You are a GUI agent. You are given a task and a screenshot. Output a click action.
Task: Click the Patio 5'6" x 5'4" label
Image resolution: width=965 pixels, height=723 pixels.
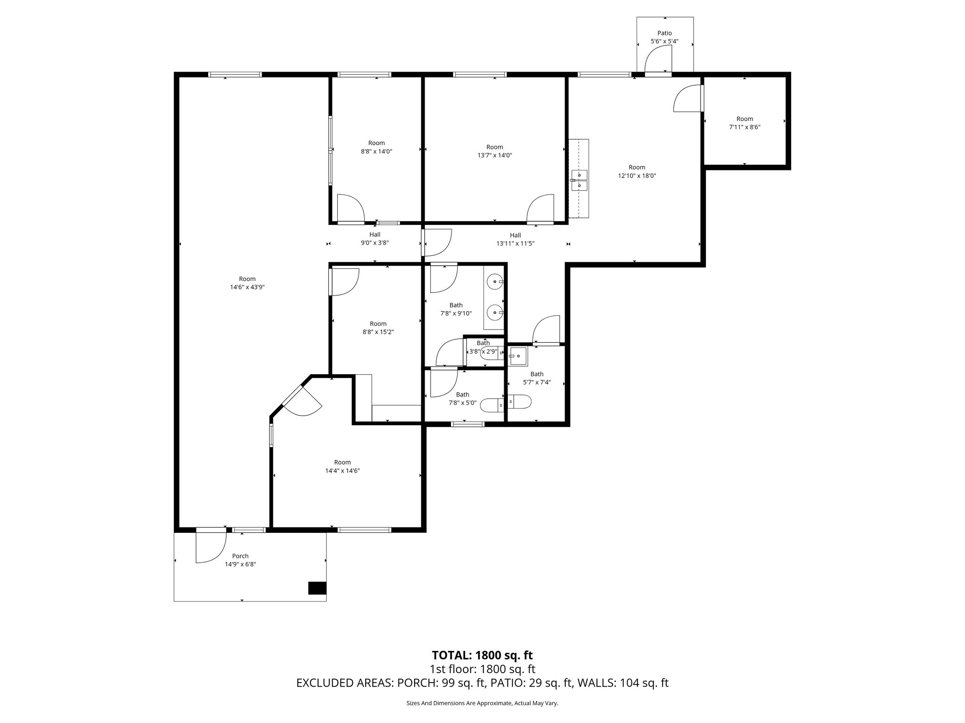coord(664,37)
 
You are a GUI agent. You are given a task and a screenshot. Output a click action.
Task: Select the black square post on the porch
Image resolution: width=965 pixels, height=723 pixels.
coord(317,588)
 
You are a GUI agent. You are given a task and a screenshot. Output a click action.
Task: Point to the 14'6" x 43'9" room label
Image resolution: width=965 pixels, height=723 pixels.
coord(247,283)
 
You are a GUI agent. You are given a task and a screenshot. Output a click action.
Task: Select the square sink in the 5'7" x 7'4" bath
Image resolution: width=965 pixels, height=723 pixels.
coord(518,356)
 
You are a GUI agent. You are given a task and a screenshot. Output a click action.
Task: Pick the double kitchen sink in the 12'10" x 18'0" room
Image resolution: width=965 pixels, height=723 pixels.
coord(579,180)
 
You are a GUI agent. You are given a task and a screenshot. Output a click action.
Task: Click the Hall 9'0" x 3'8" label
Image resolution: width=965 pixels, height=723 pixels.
coord(375,239)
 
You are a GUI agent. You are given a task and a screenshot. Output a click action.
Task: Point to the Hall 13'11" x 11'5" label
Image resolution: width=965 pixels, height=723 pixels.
coord(515,239)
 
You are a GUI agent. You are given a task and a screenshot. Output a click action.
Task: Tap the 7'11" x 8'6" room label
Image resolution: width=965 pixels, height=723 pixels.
coord(744,123)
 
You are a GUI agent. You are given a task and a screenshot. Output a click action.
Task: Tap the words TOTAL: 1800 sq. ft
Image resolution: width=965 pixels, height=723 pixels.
coord(482,655)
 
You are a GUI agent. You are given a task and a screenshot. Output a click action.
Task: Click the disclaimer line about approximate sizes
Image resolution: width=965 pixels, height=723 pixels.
coord(482,703)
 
